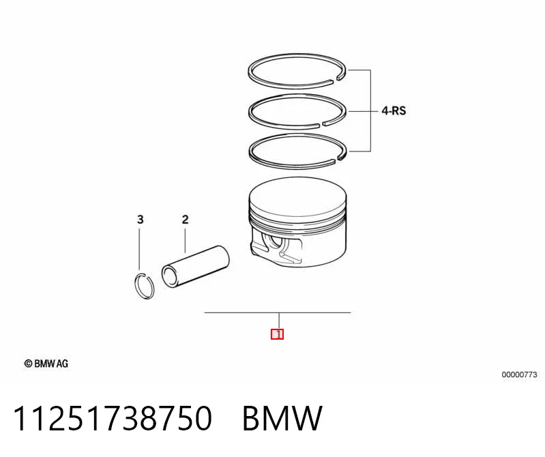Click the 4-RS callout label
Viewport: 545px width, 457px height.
tap(394, 111)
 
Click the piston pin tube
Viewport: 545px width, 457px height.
tap(195, 267)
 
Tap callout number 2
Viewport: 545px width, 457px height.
tap(185, 219)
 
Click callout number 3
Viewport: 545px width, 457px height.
tap(140, 219)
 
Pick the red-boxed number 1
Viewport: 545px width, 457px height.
tap(278, 334)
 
